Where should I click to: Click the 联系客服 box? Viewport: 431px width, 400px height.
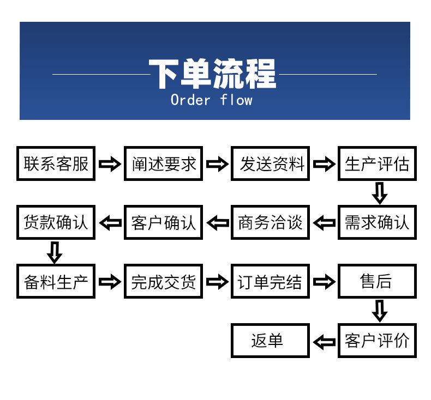point(56,163)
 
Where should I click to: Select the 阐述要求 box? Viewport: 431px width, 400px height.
point(163,163)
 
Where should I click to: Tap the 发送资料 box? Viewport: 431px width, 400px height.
point(270,163)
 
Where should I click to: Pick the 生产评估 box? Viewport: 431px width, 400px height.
point(377,163)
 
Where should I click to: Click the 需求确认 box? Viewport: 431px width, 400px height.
point(377,222)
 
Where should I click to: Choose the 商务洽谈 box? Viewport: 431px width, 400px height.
point(270,222)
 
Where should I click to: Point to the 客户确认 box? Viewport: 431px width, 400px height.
point(163,222)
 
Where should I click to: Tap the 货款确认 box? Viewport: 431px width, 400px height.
point(56,222)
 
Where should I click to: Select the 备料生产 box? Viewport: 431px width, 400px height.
point(56,281)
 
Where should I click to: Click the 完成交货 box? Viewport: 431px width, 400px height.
point(163,281)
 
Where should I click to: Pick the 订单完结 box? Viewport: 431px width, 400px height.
point(270,281)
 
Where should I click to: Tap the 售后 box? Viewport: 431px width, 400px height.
point(377,281)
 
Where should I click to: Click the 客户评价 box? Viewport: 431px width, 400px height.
point(377,341)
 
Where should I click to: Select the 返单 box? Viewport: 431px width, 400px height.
point(270,341)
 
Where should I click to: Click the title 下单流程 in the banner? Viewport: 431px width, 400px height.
point(213,74)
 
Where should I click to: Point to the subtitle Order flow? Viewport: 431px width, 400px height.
point(212,100)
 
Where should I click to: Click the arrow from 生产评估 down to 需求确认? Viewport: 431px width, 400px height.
point(379,193)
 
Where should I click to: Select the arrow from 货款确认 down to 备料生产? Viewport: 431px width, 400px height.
point(54,252)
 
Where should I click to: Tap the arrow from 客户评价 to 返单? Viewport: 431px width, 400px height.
point(324,342)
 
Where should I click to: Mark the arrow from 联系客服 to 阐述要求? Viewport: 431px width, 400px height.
point(109,164)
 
